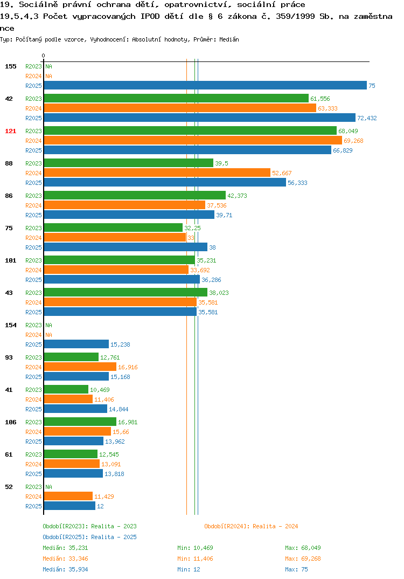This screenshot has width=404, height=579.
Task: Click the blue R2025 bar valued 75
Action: [205, 85]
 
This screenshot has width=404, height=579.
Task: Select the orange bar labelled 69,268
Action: [193, 140]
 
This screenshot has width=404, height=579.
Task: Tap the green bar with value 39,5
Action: [128, 163]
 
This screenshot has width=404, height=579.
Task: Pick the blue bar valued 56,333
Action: [165, 182]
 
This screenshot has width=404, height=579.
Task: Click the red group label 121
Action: [11, 131]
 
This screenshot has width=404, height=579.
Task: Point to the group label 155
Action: [11, 66]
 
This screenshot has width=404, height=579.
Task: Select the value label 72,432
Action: [367, 118]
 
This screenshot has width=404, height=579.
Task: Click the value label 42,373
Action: [237, 196]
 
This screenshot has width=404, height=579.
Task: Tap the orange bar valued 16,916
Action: [80, 367]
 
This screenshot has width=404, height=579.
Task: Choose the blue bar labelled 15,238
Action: [76, 344]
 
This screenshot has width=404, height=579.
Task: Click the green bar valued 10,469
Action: [66, 389]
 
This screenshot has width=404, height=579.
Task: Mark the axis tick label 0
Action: [44, 56]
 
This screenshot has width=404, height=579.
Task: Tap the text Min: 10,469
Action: [195, 548]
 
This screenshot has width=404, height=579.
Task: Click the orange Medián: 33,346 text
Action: [65, 559]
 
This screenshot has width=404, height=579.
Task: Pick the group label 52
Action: [9, 487]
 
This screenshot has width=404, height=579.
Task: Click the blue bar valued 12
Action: [69, 506]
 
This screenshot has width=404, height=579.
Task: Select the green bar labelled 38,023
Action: [126, 292]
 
